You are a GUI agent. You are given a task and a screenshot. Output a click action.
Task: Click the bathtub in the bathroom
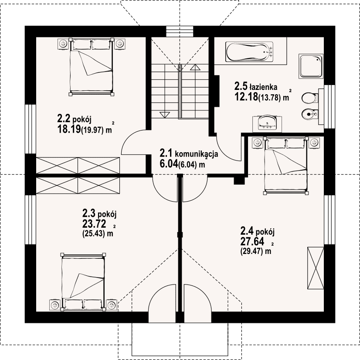coord(249,52)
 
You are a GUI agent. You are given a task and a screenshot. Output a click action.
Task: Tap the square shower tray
coord(311,66)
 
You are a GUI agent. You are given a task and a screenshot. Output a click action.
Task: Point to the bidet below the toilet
coord(310,114)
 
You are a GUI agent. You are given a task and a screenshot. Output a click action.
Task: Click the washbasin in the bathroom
coord(267,123)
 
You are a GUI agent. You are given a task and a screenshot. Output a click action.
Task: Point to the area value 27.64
coord(252,241)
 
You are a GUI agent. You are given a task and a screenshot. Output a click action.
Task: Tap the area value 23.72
coord(94,223)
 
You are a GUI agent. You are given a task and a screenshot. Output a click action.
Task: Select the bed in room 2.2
coord(92,67)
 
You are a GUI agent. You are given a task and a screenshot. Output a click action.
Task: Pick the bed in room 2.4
coord(286,166)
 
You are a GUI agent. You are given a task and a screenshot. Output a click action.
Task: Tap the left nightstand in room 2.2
coord(63,44)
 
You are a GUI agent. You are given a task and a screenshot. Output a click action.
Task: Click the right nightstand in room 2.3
coord(112,305)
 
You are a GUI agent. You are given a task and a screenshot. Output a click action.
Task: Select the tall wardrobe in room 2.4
coord(316,268)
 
